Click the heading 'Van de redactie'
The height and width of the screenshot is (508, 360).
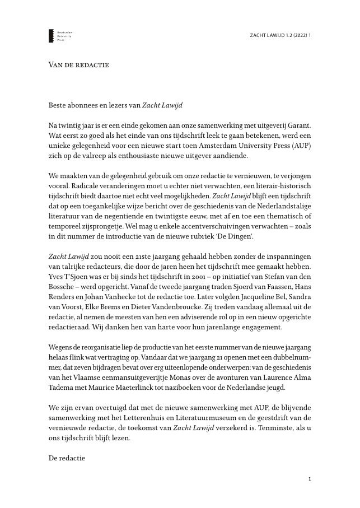click(78, 64)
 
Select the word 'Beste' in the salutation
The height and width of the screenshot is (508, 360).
click(58, 104)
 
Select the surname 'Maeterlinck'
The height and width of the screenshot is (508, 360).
click(151, 386)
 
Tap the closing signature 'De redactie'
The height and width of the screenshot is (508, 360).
click(67, 459)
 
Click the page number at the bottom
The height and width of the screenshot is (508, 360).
click(310, 479)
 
